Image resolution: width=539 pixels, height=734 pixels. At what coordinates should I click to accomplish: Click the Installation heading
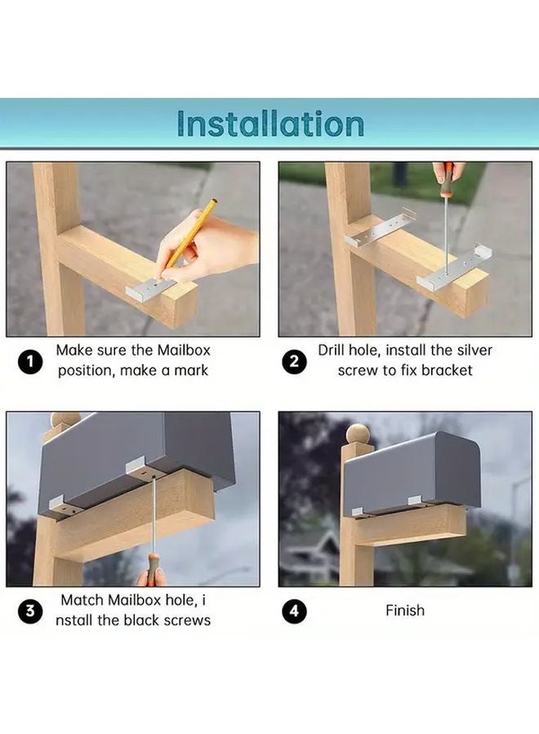[x=271, y=124]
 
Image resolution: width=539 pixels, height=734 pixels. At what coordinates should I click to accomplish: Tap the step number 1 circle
[x=30, y=362]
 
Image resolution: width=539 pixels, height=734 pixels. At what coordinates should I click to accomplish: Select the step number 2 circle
[x=294, y=362]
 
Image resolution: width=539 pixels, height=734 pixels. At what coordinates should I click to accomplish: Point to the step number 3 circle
[x=30, y=612]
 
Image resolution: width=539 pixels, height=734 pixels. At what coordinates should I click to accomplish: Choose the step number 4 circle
[x=294, y=612]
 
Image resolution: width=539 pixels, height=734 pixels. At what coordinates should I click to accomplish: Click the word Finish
[x=405, y=610]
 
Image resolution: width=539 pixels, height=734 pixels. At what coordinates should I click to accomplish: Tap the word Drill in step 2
[x=331, y=350]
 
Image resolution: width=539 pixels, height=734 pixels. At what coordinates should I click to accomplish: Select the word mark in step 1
[x=191, y=370]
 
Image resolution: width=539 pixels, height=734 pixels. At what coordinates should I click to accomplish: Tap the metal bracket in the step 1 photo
[x=151, y=289]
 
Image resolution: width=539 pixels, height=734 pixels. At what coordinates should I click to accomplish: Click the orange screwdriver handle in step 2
[x=448, y=173]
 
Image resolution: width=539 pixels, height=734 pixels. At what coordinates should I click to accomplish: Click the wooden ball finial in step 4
[x=358, y=434]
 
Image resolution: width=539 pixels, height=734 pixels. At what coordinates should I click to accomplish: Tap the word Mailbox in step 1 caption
[x=184, y=350]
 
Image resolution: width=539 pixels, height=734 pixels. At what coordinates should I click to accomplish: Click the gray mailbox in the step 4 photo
[x=412, y=472]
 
